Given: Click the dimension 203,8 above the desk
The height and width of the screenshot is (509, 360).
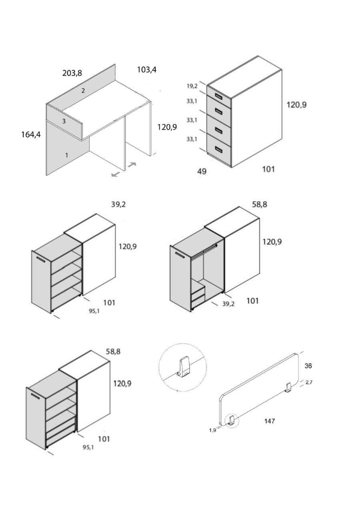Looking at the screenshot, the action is click(72, 73).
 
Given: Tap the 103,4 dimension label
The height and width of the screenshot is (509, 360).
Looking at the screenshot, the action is click(147, 70).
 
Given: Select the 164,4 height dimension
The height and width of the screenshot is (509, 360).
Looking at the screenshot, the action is click(31, 134).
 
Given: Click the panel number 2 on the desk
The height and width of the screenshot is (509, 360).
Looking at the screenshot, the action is click(83, 91).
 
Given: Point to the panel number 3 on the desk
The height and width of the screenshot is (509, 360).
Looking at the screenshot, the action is click(64, 121).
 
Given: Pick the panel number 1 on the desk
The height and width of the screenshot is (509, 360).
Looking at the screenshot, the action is click(66, 155).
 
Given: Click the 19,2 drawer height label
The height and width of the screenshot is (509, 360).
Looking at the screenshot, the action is click(192, 86).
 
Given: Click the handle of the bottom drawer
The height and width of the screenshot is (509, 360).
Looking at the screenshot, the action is click(219, 149).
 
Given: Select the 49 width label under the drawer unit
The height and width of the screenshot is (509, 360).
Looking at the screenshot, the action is click(202, 171).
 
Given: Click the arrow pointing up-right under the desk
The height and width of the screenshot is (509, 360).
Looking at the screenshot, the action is click(132, 164).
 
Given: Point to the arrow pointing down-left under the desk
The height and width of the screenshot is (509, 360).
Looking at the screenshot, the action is click(116, 174).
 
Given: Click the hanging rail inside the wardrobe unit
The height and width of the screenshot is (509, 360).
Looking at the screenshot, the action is click(204, 250).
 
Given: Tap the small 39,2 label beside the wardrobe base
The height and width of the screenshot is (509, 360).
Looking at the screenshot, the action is click(228, 304).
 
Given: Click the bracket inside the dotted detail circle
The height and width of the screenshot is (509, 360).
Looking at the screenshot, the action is click(184, 369).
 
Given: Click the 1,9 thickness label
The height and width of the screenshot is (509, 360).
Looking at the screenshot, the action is click(212, 431).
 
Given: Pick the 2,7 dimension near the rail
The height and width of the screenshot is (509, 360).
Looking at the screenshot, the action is click(309, 383).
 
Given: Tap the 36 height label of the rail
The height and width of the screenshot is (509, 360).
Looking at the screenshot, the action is click(308, 366).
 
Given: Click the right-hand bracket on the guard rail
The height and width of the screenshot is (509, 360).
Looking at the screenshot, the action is click(288, 388).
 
